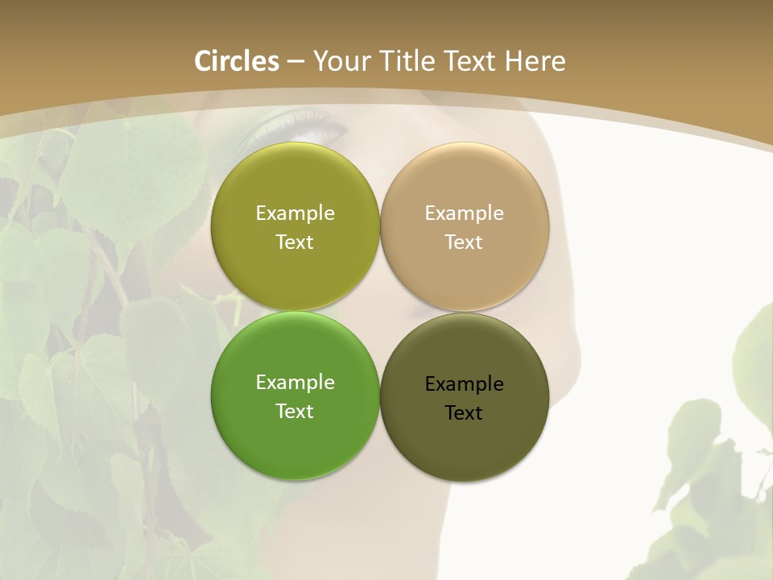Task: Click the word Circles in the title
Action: (x=237, y=61)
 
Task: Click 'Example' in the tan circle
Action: (x=464, y=213)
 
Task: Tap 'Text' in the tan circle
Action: (x=464, y=242)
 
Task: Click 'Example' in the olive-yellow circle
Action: (x=295, y=213)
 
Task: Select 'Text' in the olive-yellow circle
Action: (x=295, y=242)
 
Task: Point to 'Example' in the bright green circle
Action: (x=295, y=383)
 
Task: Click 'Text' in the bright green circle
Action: (x=295, y=412)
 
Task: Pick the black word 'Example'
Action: (x=464, y=384)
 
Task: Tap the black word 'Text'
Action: (x=464, y=413)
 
